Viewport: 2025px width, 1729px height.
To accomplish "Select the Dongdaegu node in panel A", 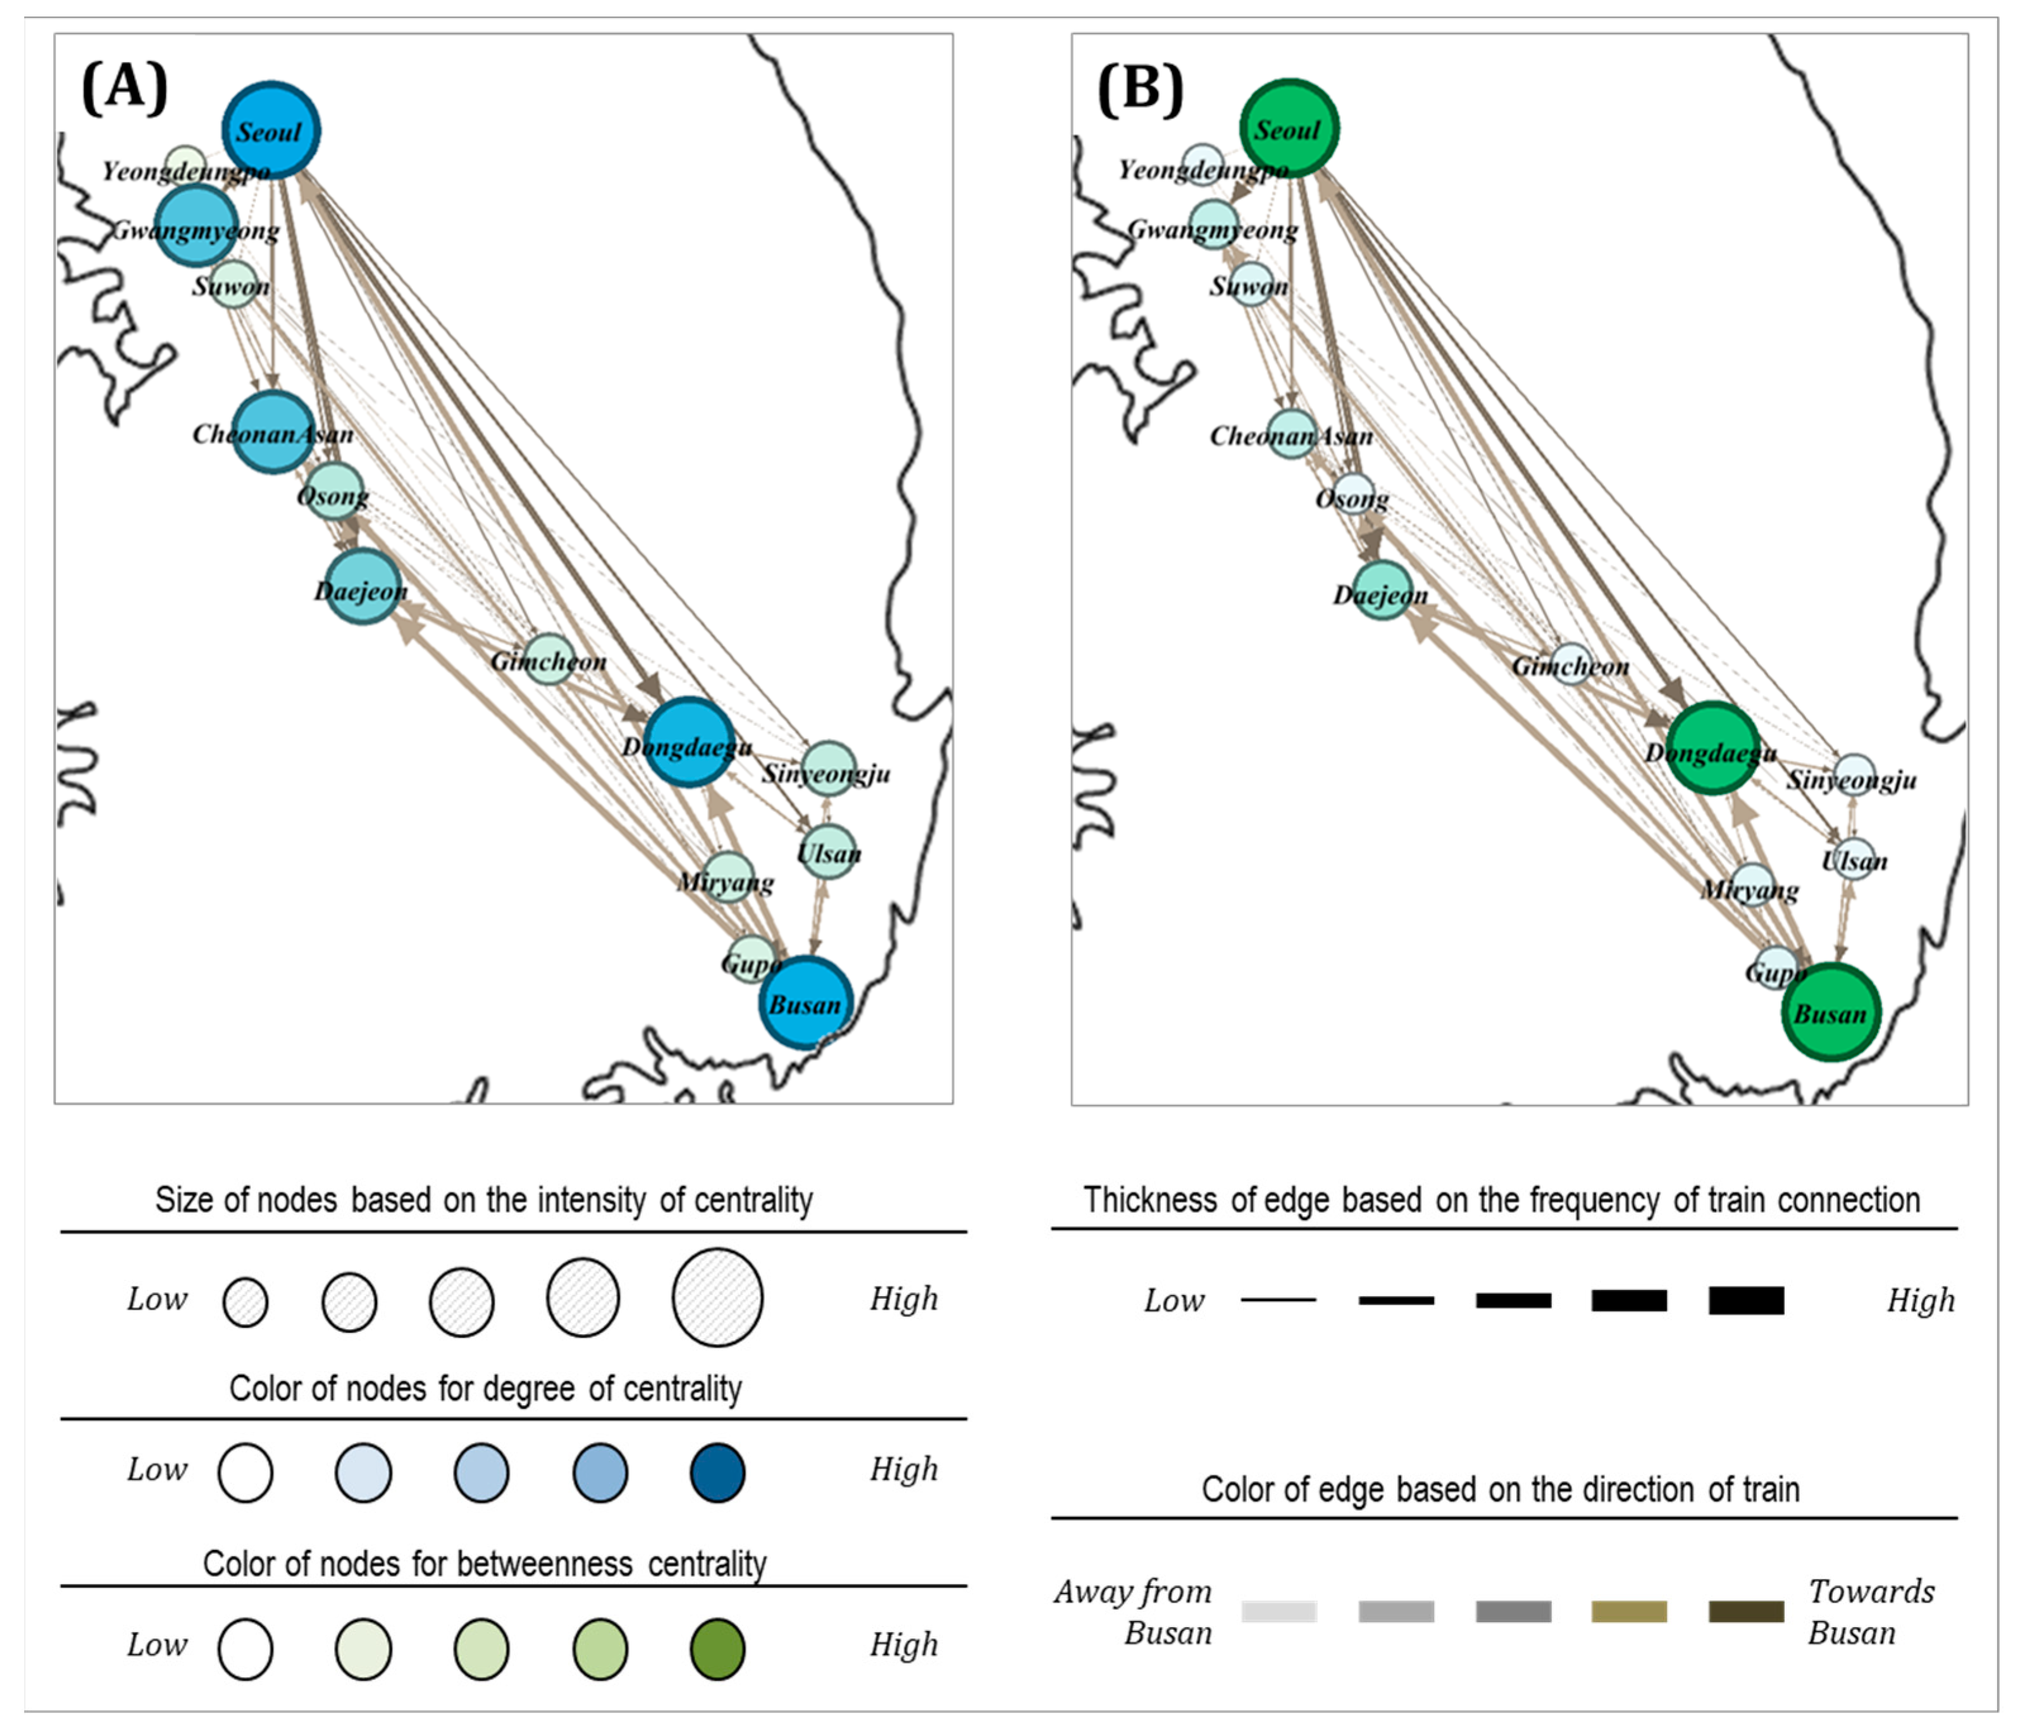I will point(689,742).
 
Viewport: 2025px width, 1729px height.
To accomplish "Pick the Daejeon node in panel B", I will point(1382,590).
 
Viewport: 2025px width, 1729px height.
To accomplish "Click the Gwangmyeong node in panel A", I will point(197,226).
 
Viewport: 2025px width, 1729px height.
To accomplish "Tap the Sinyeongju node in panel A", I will point(829,767).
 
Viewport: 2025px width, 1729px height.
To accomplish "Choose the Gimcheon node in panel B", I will point(1571,664).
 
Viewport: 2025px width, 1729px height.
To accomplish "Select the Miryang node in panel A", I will point(728,877).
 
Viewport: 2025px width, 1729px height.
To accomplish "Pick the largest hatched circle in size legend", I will point(717,1297).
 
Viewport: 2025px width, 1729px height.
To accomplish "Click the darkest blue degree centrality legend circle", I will point(717,1473).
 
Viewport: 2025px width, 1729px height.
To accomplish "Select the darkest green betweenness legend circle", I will point(717,1649).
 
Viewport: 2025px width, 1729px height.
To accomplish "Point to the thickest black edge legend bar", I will point(1745,1300).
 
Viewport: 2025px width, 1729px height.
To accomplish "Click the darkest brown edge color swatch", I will point(1745,1611).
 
